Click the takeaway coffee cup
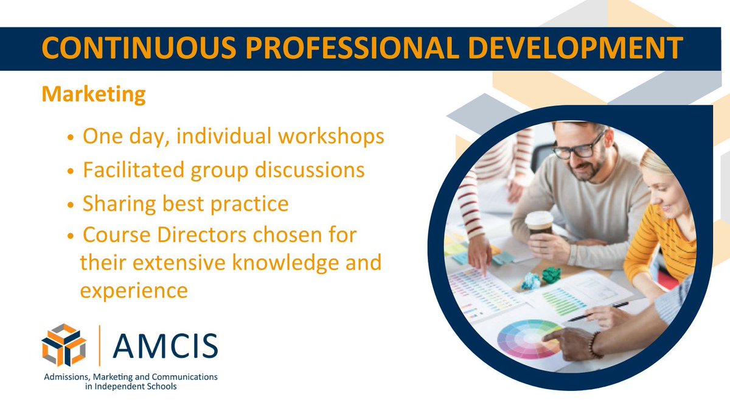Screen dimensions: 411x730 (x=539, y=226)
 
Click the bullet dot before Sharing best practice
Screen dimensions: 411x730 (x=71, y=205)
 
